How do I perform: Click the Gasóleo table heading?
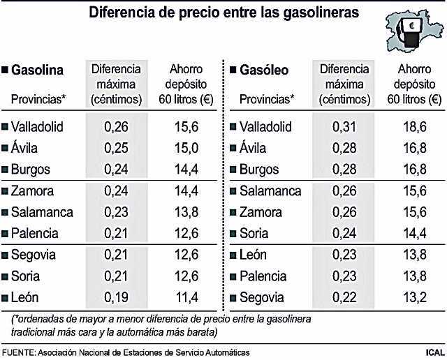[266, 70]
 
